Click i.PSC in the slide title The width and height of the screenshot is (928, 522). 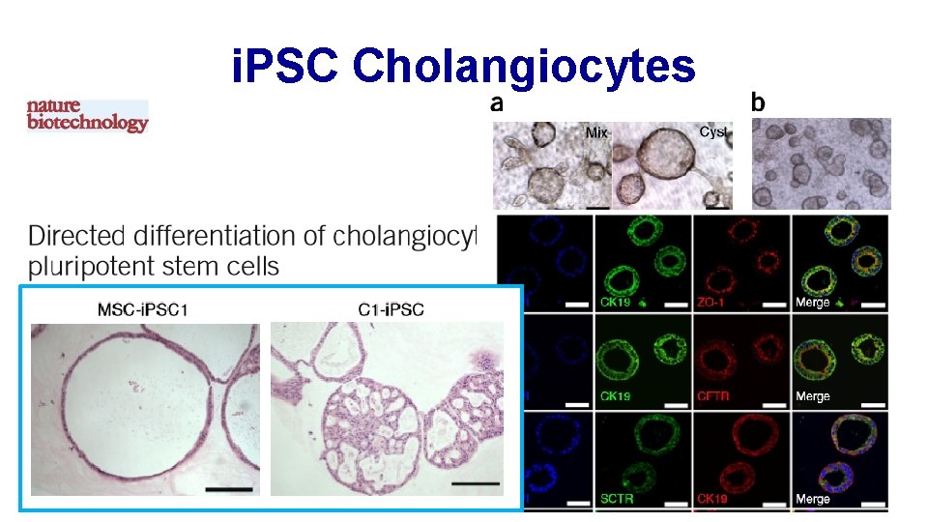285,67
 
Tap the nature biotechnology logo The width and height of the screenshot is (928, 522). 87,115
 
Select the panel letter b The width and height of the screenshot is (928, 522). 757,101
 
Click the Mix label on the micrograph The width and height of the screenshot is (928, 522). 597,132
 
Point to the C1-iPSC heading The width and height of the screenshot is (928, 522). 387,310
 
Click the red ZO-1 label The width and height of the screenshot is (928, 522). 710,303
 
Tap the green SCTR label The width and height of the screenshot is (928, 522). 617,499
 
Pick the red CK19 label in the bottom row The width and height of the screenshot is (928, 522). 710,499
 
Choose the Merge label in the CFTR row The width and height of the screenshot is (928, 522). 812,396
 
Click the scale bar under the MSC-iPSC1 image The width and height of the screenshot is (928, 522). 228,490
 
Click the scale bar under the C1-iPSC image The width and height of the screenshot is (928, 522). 476,482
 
